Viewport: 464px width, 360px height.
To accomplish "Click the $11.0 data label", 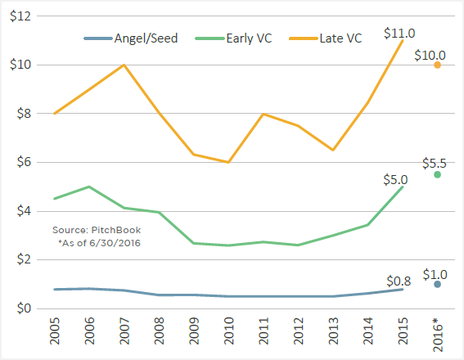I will (399, 33).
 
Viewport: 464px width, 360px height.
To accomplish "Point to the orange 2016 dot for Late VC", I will (438, 65).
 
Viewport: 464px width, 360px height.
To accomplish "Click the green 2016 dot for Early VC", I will (438, 174).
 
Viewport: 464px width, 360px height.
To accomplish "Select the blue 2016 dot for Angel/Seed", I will (438, 284).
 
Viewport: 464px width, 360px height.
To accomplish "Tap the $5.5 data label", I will (434, 163).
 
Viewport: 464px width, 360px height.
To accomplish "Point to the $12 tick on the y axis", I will (20, 16).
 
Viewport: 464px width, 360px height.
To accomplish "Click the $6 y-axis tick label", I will (24, 163).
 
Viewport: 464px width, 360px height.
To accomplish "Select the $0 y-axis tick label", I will (24, 308).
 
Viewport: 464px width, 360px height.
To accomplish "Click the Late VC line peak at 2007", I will (124, 65).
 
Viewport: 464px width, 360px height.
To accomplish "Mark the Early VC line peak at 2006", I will (89, 187).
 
